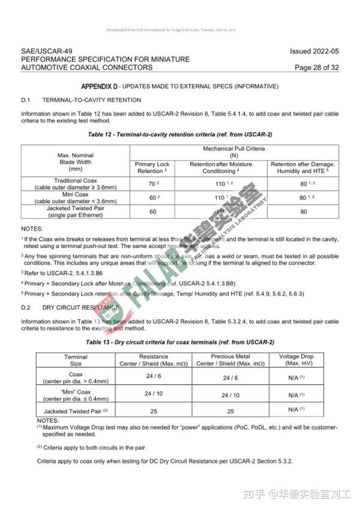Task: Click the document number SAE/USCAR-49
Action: (41, 52)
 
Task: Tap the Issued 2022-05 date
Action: (314, 52)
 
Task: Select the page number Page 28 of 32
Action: (316, 67)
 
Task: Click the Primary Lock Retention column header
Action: (152, 167)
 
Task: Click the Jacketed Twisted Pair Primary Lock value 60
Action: (152, 211)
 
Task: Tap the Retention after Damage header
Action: (303, 167)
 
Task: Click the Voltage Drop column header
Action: (297, 360)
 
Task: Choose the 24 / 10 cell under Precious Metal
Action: (231, 396)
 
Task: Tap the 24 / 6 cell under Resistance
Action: (153, 376)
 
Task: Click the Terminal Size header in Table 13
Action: (76, 360)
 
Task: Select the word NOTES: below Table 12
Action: (32, 229)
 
